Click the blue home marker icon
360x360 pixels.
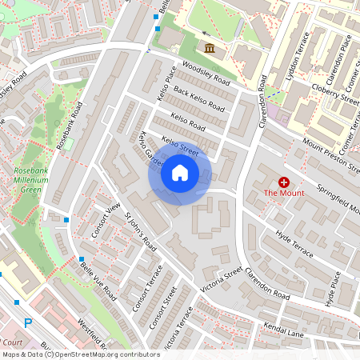(x=180, y=173)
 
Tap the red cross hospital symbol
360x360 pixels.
(x=283, y=182)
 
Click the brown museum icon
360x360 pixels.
(x=210, y=49)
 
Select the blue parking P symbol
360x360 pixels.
(x=28, y=323)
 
